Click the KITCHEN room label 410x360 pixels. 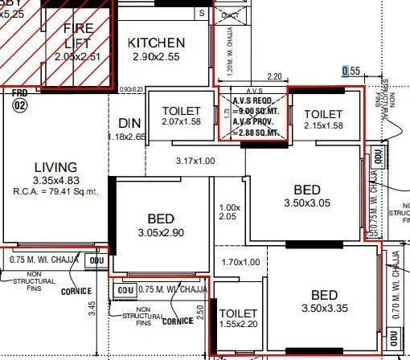(x=156, y=43)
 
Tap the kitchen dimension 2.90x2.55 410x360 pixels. (x=156, y=58)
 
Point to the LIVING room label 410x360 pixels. (x=55, y=166)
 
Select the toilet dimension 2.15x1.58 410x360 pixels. (x=323, y=126)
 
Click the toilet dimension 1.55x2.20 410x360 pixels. (x=237, y=326)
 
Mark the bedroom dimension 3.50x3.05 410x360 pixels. (x=306, y=204)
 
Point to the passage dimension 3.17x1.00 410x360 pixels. (x=195, y=162)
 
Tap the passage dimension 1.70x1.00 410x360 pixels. (x=240, y=262)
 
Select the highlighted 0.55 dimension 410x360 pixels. (x=351, y=71)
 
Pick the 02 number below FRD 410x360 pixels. (x=20, y=105)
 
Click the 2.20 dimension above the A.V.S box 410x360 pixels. (x=252, y=76)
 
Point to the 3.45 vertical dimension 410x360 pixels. (x=93, y=307)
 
